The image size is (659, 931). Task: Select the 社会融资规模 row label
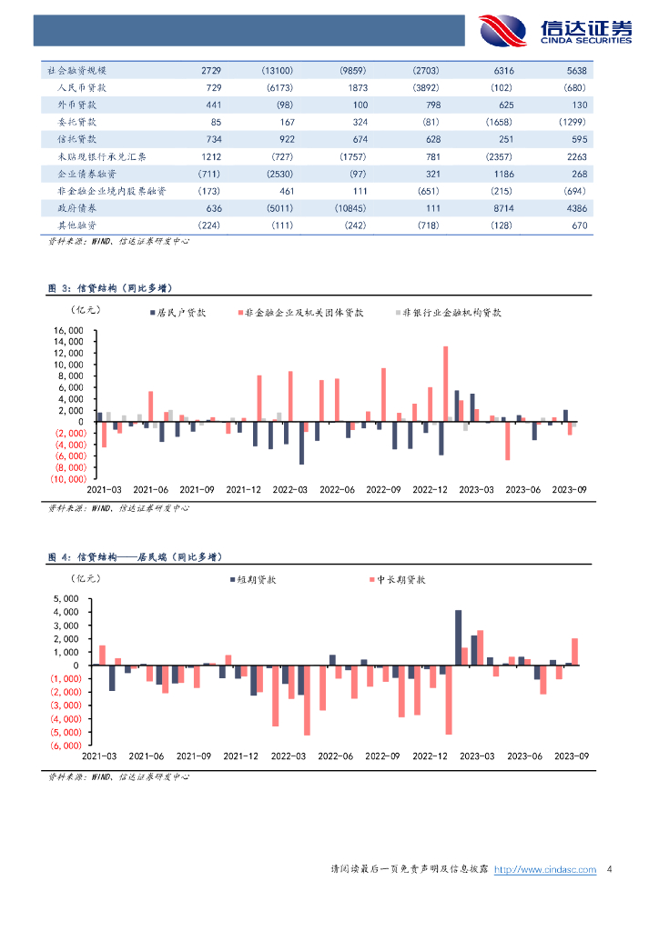[76, 70]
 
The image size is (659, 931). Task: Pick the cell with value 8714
[502, 208]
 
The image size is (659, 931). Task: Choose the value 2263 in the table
[576, 156]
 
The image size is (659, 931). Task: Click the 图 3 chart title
[109, 288]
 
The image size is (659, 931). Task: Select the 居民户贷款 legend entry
[181, 312]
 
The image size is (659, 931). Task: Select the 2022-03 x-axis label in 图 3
[289, 489]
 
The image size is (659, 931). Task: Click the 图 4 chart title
[135, 556]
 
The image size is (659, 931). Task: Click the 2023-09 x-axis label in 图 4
[571, 756]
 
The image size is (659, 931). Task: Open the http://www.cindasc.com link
[544, 870]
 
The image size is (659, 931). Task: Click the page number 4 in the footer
[609, 870]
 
